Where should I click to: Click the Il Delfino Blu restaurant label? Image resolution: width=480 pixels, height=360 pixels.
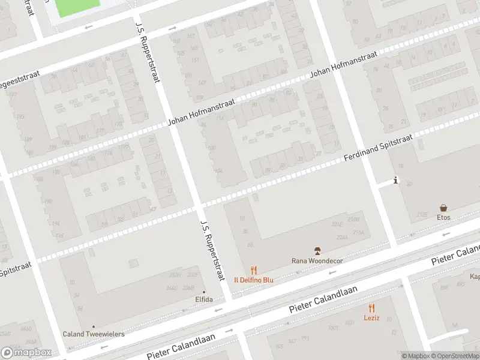(254, 280)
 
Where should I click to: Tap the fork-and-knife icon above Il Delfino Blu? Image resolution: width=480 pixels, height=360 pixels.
(254, 271)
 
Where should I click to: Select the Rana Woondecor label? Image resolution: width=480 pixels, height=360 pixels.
(317, 260)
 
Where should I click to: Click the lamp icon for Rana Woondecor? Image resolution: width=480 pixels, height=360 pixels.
(317, 250)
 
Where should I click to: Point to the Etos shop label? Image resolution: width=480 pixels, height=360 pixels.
(443, 217)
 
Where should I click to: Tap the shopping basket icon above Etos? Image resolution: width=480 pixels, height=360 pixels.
(443, 208)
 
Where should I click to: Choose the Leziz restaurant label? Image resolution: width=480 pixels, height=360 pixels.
(371, 318)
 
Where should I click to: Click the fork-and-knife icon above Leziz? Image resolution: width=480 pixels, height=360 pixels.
(371, 308)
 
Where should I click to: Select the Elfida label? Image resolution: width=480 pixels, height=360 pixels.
(204, 299)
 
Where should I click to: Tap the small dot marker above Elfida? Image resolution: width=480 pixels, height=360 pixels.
(204, 292)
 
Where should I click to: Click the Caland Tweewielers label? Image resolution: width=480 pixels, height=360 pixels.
(94, 334)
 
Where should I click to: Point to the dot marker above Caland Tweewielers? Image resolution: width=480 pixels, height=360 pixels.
(93, 327)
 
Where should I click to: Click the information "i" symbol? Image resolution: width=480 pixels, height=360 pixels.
(395, 180)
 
